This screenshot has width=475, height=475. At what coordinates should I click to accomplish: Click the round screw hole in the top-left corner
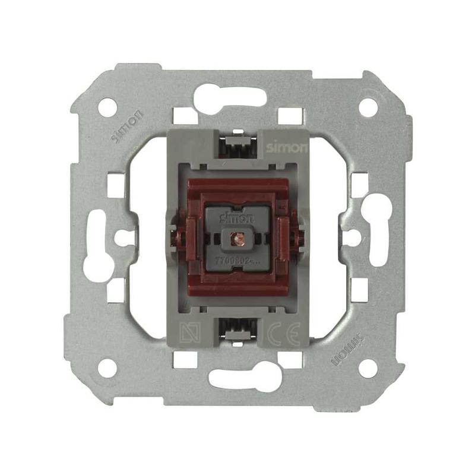(107, 107)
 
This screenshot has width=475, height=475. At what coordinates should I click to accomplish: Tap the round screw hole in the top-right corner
(368, 107)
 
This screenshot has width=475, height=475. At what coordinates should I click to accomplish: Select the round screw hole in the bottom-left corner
(107, 368)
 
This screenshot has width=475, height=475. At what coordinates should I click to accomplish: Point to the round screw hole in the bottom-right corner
(368, 368)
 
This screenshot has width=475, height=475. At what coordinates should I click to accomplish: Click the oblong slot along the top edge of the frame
(230, 95)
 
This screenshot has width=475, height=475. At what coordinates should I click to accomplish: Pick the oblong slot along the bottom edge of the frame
(245, 379)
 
